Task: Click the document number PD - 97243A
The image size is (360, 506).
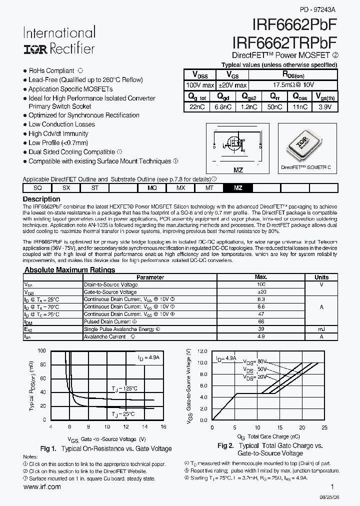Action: [317, 9]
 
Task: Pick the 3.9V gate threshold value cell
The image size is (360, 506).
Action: [324, 107]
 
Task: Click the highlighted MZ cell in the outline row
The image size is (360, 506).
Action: [238, 187]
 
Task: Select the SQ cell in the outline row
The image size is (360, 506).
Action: [37, 187]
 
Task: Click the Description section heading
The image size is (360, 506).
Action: [42, 199]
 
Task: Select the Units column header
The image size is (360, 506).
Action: [321, 277]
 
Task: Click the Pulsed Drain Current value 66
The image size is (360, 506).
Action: [260, 322]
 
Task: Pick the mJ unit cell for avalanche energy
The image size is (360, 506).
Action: [321, 329]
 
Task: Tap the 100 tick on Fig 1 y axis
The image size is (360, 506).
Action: [42, 351]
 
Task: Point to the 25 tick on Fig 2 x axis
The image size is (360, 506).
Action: [324, 428]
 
